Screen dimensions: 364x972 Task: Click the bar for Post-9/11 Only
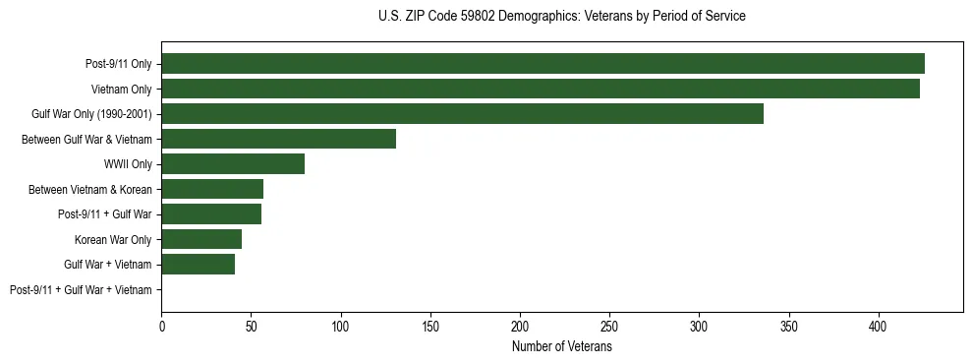(x=543, y=64)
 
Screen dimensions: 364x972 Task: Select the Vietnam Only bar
(x=541, y=89)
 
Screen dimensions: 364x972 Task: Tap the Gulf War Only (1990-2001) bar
(x=462, y=114)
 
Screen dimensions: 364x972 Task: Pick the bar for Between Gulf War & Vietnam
(x=278, y=139)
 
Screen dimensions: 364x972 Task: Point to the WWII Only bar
(x=233, y=164)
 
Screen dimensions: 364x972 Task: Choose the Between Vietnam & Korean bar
(x=212, y=189)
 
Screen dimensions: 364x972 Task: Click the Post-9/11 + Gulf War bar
(x=211, y=214)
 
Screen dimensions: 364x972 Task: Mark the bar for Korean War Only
(x=201, y=239)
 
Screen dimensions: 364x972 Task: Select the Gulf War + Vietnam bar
(x=198, y=265)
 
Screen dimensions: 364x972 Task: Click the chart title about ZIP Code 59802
(x=561, y=17)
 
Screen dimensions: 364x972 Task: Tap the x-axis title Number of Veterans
(x=561, y=347)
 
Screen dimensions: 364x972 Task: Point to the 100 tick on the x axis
(x=341, y=326)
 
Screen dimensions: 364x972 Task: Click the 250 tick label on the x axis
(x=609, y=326)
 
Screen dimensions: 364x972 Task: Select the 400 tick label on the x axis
(x=879, y=326)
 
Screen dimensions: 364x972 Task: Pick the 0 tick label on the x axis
(x=162, y=326)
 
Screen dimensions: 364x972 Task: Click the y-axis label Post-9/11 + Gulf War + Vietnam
(x=81, y=290)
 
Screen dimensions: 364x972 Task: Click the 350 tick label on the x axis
(x=789, y=326)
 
